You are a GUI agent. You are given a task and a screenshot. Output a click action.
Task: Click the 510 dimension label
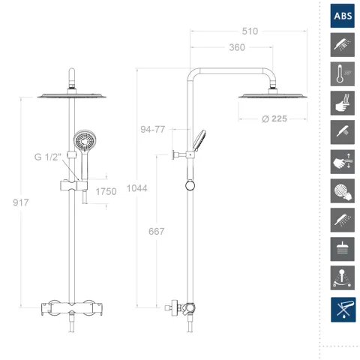click(x=250, y=31)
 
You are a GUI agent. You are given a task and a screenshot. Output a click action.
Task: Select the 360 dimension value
click(x=237, y=47)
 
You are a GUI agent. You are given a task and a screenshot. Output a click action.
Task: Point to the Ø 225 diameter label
click(x=274, y=118)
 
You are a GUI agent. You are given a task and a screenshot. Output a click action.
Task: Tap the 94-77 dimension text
click(x=153, y=130)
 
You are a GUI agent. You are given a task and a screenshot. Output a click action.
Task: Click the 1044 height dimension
click(x=136, y=188)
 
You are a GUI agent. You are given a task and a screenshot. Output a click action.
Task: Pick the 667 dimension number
click(x=157, y=232)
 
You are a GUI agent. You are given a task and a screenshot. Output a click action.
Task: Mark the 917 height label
click(x=21, y=202)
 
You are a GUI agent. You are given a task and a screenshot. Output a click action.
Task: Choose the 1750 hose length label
click(x=106, y=192)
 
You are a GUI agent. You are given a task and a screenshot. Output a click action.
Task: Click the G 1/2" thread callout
click(x=48, y=157)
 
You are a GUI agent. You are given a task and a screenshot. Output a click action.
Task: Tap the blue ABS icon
click(x=343, y=16)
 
